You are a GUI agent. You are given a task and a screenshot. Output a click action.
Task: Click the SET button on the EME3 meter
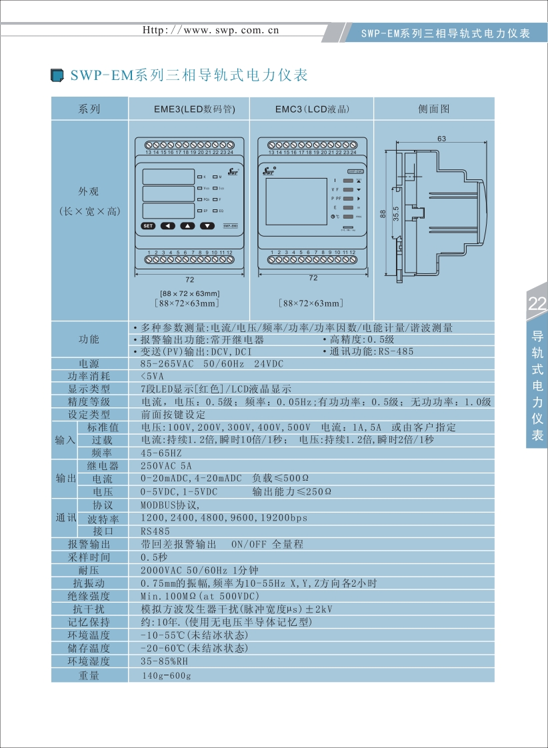[148, 226]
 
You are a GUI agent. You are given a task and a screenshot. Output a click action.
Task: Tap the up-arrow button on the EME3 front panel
[189, 226]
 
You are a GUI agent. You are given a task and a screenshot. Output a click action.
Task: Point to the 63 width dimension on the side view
[442, 139]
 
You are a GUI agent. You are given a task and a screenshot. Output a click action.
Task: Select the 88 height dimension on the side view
[383, 213]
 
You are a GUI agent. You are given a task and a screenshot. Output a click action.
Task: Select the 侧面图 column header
[434, 109]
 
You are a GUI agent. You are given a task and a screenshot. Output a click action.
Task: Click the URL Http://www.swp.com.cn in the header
[212, 30]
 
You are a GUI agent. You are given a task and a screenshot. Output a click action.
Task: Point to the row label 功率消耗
[89, 376]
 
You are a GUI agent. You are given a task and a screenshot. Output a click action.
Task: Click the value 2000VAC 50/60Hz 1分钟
[199, 571]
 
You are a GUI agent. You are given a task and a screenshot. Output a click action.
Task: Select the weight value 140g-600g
[166, 676]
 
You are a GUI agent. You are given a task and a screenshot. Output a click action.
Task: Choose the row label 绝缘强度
[89, 596]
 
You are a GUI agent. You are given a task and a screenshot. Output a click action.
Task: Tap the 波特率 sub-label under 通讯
[103, 519]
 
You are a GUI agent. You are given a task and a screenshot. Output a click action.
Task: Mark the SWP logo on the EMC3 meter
[269, 170]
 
